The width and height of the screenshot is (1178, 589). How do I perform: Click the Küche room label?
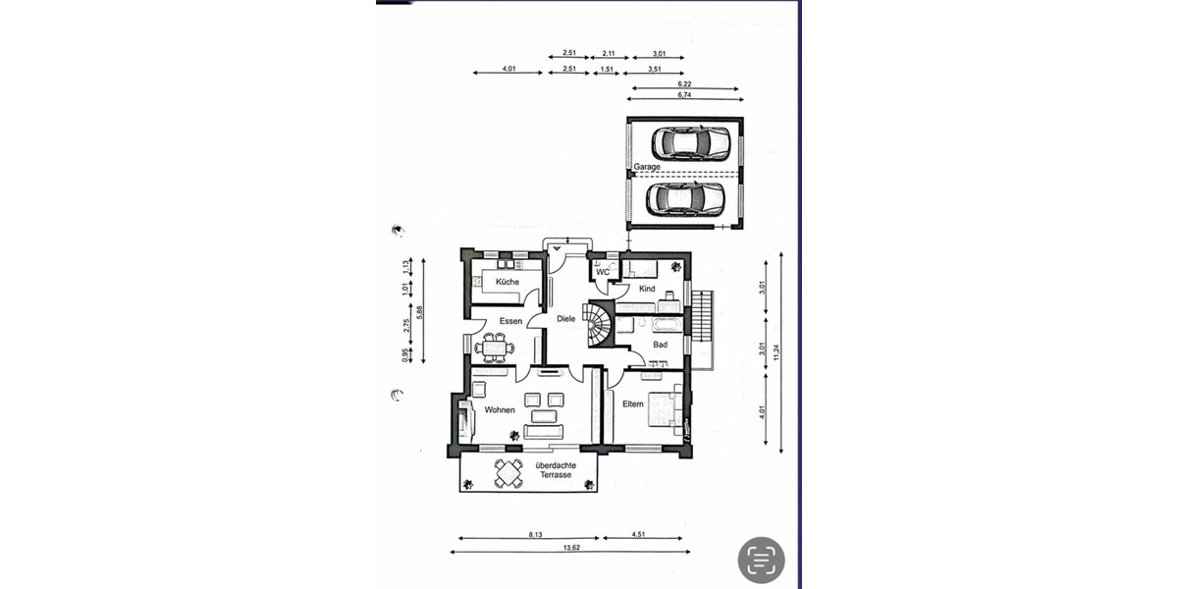tap(507, 282)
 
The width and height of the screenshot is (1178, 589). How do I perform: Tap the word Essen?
tap(509, 322)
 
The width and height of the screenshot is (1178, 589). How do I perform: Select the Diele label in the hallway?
tap(566, 318)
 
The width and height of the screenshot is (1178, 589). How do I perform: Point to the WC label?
tap(603, 272)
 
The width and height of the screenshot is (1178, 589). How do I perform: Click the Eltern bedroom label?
tap(632, 403)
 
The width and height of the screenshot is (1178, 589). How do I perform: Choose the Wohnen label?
tap(500, 409)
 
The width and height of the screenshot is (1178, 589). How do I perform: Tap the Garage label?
tap(646, 167)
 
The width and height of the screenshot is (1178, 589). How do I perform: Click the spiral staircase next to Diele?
tap(597, 323)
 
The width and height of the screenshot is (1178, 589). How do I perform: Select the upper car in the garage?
tap(694, 143)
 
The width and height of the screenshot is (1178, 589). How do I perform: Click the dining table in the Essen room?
tap(494, 346)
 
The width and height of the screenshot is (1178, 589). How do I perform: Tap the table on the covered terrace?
tap(509, 473)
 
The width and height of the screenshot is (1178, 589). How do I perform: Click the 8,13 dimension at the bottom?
tap(535, 534)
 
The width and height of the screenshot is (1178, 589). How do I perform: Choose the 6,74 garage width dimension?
tap(684, 95)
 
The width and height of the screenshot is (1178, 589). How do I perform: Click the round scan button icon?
tap(762, 560)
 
